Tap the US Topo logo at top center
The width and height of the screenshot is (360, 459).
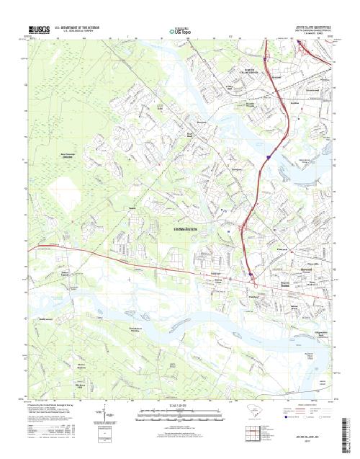pos(180,31)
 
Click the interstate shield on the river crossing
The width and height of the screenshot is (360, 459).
pos(267,154)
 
